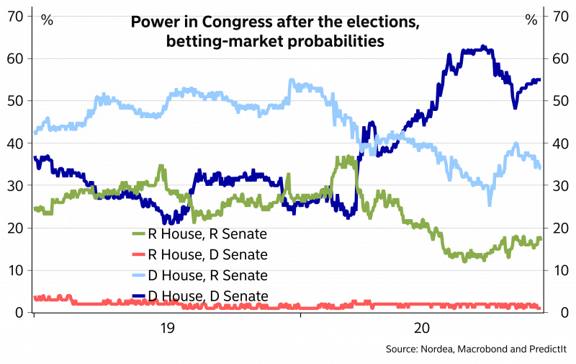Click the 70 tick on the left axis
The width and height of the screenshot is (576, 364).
coord(15,14)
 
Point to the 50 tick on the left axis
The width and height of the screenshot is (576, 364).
coord(15,100)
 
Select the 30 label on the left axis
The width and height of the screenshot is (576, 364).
coord(15,185)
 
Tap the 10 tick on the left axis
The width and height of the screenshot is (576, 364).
coord(15,270)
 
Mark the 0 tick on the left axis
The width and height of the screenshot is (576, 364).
coord(18,313)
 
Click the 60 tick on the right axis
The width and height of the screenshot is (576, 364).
coord(561,58)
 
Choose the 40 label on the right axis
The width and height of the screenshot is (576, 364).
coord(561,143)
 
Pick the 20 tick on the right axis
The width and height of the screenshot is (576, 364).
coord(561,228)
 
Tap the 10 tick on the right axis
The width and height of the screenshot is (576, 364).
coord(561,270)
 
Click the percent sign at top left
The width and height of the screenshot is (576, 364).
coord(47,19)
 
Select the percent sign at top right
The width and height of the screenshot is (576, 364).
coord(531,19)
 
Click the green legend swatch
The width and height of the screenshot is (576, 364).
coord(139,234)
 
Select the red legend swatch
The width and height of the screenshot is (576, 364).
coord(139,254)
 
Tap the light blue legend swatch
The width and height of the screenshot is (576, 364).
coord(139,275)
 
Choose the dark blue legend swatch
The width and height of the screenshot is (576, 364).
coord(139,296)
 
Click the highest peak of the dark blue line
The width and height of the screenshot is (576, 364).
coord(483,47)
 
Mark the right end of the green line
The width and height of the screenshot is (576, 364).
coord(541,238)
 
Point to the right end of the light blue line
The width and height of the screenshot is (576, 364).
coord(541,168)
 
